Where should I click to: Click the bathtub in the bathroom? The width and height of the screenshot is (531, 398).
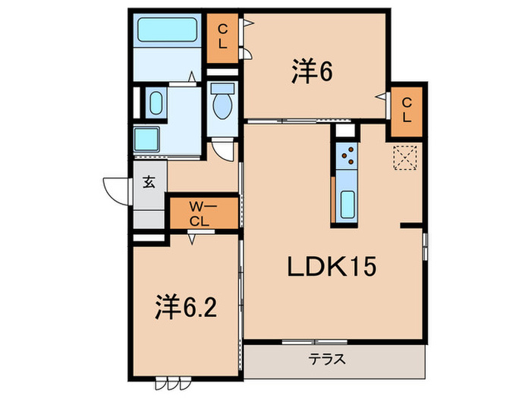167,30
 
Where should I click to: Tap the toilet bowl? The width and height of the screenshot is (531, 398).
223,103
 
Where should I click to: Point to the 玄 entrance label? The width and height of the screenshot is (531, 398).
149,182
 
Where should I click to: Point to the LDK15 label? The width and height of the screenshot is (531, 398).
331,267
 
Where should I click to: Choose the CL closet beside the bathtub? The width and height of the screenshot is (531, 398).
222,36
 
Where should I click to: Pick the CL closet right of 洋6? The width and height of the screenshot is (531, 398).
407,109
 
